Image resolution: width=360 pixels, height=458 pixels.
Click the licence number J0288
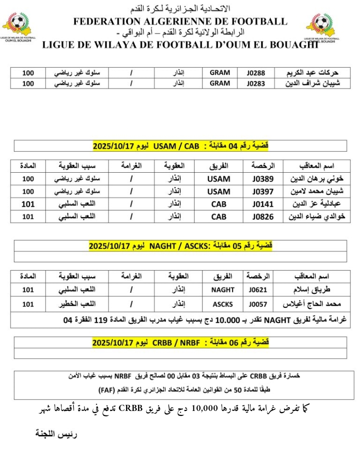click(259, 73)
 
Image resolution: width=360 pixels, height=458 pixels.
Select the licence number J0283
click(259, 84)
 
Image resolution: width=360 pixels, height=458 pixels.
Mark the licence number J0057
click(258, 303)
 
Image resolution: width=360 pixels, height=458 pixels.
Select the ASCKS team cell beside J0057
click(219, 303)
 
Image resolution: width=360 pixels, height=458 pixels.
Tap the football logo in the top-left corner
click(17, 25)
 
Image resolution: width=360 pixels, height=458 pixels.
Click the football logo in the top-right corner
click(321, 25)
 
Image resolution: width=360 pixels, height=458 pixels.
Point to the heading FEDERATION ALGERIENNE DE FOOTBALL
click(180, 22)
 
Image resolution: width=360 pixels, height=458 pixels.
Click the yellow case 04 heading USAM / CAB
click(180, 146)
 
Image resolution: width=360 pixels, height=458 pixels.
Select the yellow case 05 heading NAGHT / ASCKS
click(180, 246)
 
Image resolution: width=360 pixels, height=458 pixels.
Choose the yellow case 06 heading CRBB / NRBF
click(180, 342)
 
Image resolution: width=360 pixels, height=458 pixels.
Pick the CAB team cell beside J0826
click(219, 217)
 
